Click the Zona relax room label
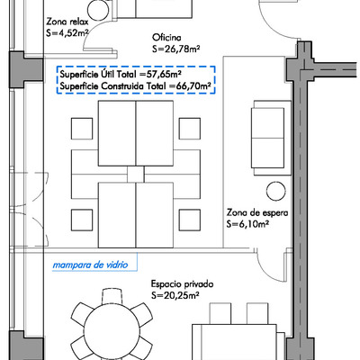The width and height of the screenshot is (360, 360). click(x=67, y=22)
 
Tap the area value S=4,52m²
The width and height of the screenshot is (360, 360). click(x=67, y=33)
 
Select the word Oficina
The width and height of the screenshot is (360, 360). click(x=166, y=38)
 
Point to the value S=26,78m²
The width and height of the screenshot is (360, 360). click(x=176, y=49)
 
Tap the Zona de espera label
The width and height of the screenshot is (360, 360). click(x=257, y=212)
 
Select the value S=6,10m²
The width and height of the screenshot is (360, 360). click(x=247, y=224)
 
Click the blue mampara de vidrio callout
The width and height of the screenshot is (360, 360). click(x=90, y=265)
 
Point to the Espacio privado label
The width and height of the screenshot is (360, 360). click(x=182, y=283)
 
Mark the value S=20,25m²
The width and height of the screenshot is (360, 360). click(x=175, y=295)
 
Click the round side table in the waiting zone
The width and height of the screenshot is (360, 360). click(x=276, y=191)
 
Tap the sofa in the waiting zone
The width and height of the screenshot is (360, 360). click(x=271, y=138)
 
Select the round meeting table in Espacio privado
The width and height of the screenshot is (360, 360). click(x=112, y=331)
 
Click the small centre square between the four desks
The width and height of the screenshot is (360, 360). click(x=136, y=174)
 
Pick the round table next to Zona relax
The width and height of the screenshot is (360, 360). click(x=98, y=11)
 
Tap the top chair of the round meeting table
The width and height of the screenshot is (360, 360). click(x=112, y=296)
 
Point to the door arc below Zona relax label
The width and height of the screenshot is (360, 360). click(x=90, y=32)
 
